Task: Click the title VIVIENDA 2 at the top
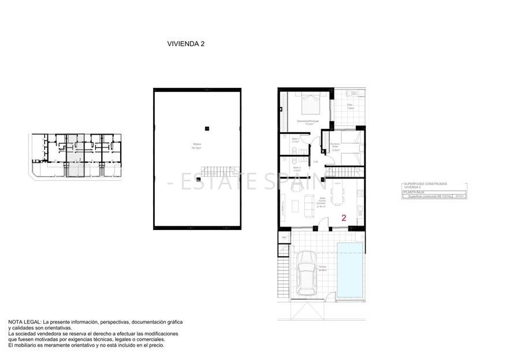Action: click(185, 43)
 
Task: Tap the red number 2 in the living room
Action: click(344, 218)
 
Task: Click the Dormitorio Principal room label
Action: click(309, 122)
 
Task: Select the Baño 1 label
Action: click(295, 140)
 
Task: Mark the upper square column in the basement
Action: click(206, 128)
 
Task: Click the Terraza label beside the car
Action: click(322, 268)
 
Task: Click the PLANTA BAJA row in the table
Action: click(414, 192)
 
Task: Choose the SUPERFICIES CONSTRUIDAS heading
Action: click(425, 184)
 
